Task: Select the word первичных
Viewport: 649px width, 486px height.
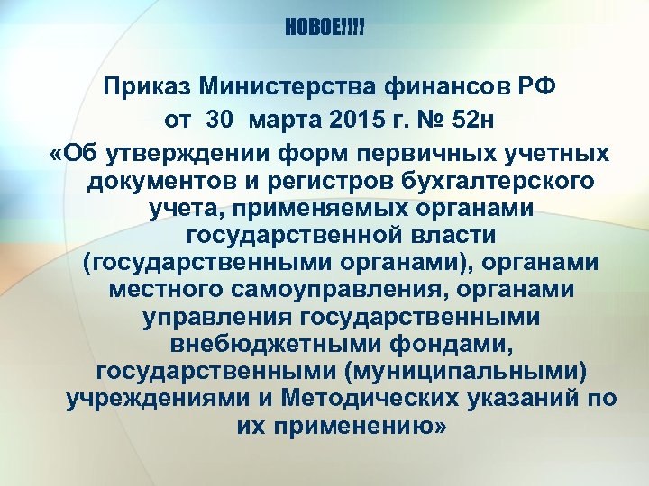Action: pyautogui.click(x=432, y=150)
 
